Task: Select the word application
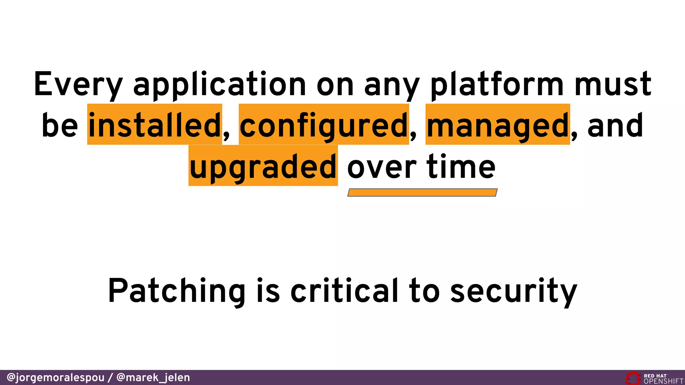coord(219,84)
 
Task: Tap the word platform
coord(497,84)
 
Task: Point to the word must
coord(613,84)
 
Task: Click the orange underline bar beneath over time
coord(422,192)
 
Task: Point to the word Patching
coord(177,291)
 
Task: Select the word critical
coord(345,291)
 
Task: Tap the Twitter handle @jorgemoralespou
coord(56,378)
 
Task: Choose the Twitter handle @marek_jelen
coord(153,378)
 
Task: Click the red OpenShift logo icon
coord(633,378)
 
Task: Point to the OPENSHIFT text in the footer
coord(664,381)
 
